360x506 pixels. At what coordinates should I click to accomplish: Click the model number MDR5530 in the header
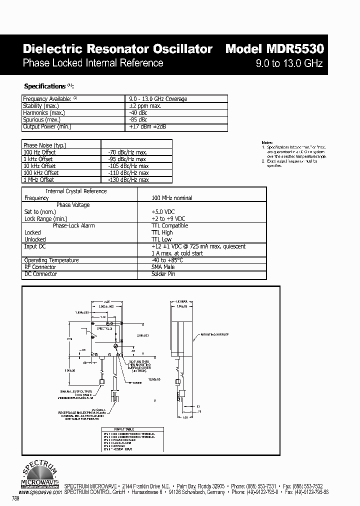[x=274, y=49]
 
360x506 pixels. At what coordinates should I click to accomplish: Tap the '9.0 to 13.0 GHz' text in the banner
[x=289, y=63]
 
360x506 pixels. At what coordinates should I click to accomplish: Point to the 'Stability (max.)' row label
[x=41, y=106]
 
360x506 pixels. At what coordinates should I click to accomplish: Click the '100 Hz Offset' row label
[x=39, y=152]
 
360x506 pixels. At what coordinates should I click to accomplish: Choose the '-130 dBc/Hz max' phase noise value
[x=128, y=180]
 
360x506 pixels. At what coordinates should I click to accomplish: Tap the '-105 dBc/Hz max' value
[x=128, y=166]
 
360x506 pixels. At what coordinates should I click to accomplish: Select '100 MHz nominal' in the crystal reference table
[x=172, y=198]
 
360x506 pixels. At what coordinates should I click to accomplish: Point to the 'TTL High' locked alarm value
[x=162, y=232]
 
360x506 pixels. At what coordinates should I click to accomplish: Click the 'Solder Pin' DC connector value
[x=163, y=274]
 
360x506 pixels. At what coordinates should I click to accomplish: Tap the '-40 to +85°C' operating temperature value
[x=167, y=260]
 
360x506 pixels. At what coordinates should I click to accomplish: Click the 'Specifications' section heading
[x=45, y=86]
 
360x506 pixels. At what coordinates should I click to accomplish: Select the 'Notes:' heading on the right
[x=267, y=143]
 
